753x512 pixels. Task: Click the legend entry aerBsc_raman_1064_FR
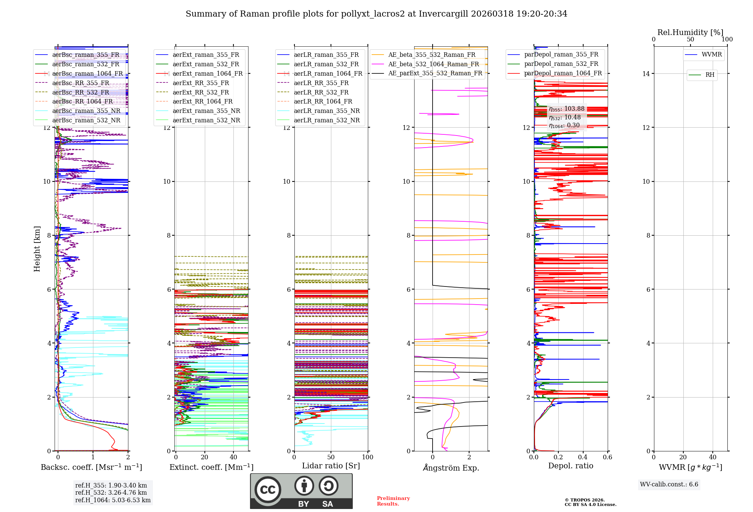(x=87, y=74)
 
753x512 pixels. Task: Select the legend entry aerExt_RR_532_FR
(x=201, y=93)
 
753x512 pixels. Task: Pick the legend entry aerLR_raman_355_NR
(x=327, y=111)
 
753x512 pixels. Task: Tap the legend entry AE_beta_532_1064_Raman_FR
(x=433, y=64)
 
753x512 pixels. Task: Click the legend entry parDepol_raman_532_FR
(x=561, y=64)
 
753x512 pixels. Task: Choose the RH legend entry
(x=710, y=75)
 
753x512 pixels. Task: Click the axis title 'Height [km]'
(x=37, y=249)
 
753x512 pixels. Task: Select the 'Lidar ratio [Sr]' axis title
(x=331, y=466)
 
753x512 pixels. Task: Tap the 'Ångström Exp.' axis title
(x=451, y=468)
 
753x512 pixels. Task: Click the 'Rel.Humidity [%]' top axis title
(x=690, y=32)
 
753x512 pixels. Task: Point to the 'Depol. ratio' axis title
(x=570, y=466)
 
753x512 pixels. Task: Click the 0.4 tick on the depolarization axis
(x=583, y=457)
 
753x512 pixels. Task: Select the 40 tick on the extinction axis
(x=233, y=457)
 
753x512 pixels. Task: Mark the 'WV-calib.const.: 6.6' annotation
(x=669, y=485)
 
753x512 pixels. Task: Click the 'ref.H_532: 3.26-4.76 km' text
(x=111, y=493)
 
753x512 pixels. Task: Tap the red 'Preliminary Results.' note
(x=393, y=501)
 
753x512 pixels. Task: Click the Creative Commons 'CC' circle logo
(x=268, y=490)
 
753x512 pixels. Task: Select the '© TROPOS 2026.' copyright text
(x=584, y=500)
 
